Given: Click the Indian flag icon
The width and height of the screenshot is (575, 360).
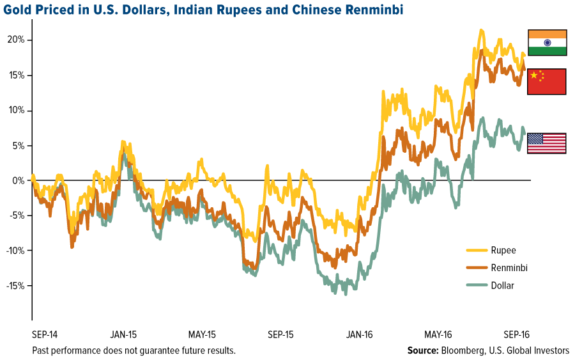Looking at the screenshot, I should coord(547,43).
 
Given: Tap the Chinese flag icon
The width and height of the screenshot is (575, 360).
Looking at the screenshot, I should coord(547,82).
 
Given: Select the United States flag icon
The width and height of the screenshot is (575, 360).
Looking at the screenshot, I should coord(547,143).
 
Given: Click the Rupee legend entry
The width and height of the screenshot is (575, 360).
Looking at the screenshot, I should coord(504,251).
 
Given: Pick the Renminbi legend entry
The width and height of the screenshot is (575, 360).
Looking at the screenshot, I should coord(509,268).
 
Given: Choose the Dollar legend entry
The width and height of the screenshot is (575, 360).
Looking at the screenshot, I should coord(503,285).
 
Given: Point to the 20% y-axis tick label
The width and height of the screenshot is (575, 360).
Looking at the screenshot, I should coord(17,40).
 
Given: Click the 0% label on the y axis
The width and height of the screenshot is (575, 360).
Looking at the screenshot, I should coord(19,180).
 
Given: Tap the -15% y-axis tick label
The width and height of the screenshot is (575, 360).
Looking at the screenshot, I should coord(15,286).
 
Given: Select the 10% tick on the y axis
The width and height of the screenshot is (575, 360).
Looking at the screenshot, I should coord(17,110).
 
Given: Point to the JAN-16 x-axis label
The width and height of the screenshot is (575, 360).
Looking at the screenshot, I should coord(360,334).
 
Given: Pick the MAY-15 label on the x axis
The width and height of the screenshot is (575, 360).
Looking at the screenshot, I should coord(203,334).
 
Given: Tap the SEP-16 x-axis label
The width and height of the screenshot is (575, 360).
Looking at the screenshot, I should coord(517,334).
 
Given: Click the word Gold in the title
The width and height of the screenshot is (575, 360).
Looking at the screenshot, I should coord(17,10).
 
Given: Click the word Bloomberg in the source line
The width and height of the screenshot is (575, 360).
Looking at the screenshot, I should coord(461,351).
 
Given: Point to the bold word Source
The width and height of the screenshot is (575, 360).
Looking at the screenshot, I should coord(422,351).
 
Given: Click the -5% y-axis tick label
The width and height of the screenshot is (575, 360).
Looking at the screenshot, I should coord(17,215).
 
